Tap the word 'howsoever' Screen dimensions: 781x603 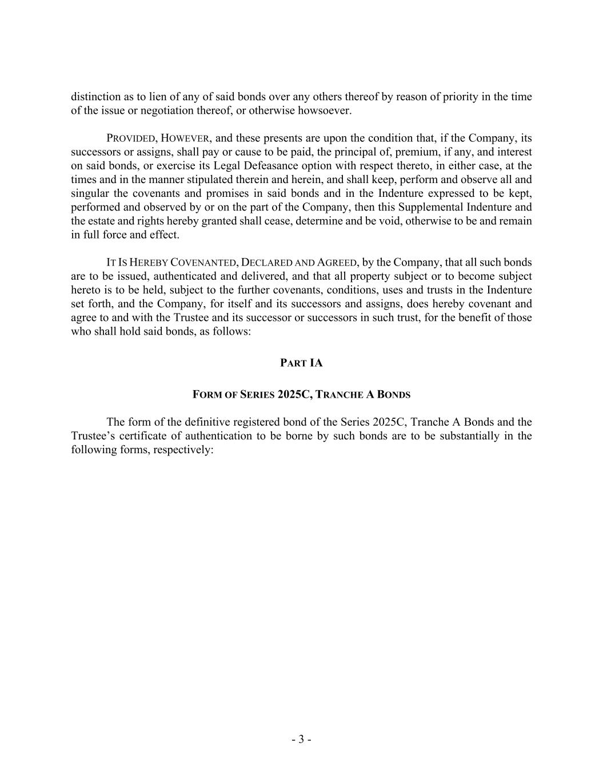click(x=328, y=110)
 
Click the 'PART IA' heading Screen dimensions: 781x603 click(x=301, y=363)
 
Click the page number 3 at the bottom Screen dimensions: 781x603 click(x=301, y=739)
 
